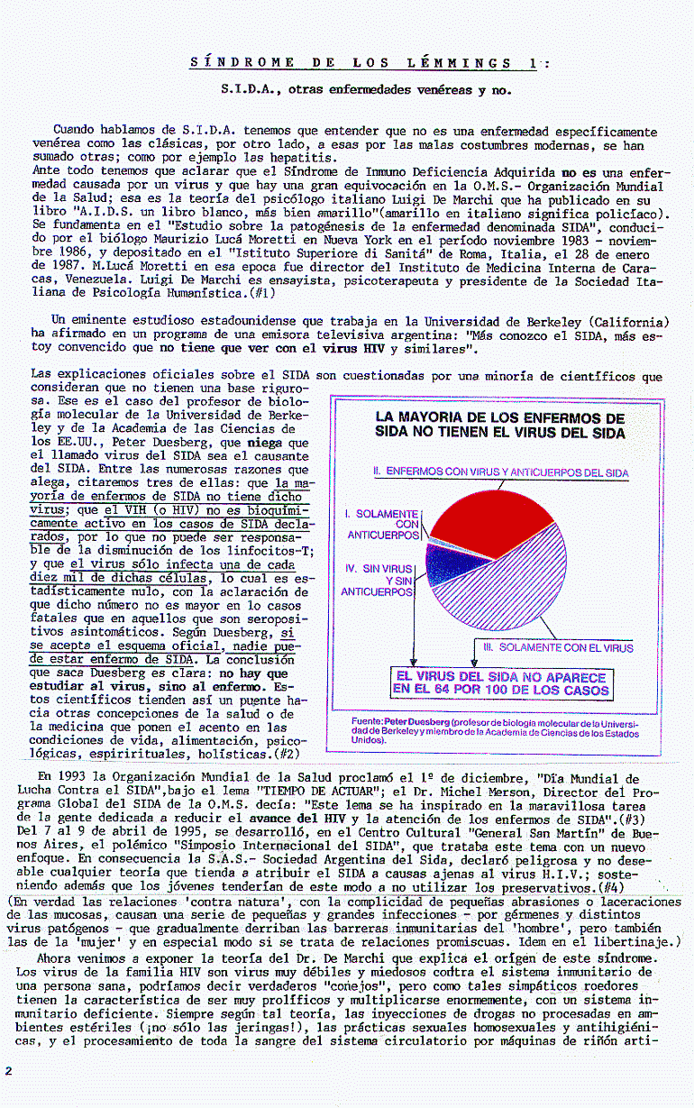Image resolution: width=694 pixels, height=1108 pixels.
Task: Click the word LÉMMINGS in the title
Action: point(458,62)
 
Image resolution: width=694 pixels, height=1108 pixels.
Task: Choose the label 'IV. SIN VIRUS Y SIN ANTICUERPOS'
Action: point(378,580)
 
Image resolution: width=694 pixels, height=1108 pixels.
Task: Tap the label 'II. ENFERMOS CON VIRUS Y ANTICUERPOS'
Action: point(500,472)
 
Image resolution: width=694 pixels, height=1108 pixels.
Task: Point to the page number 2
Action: point(8,1070)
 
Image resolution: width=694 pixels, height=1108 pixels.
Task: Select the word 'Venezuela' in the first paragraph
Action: point(64,279)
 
